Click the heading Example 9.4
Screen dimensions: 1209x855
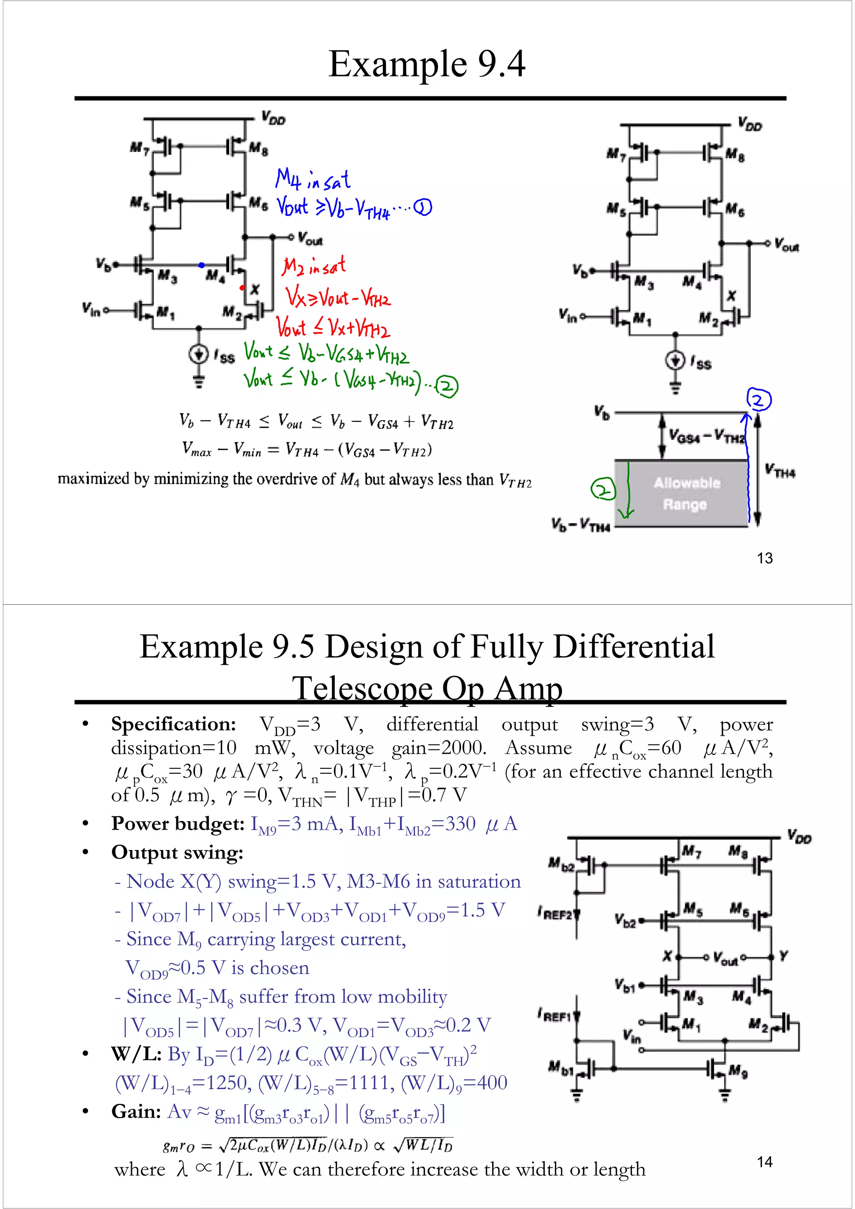tap(427, 64)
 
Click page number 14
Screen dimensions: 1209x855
tap(764, 1161)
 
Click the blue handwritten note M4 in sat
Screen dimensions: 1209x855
tap(312, 179)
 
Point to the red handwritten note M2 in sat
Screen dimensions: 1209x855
tap(314, 265)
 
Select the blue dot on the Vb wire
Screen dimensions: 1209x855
tap(201, 265)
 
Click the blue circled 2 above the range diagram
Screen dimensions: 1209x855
tap(759, 400)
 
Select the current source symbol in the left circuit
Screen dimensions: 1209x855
tap(199, 354)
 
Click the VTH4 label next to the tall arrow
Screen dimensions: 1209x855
tap(780, 470)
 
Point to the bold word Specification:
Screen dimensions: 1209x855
tap(173, 724)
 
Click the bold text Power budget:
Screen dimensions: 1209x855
tap(177, 823)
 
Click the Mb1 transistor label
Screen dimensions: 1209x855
tap(560, 1067)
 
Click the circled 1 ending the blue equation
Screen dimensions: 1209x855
tap(422, 208)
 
